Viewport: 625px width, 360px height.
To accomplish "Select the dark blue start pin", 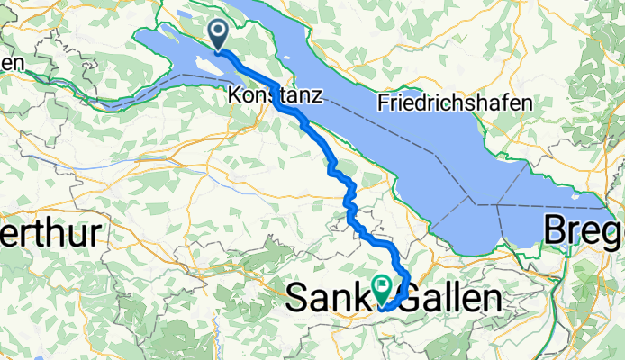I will click(219, 35).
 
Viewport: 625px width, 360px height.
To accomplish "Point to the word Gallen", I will click(450, 298).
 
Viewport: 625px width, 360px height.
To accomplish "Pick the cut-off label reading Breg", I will click(584, 233).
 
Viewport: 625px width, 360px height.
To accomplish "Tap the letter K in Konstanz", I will click(235, 93).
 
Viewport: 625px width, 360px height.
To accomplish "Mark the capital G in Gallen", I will click(410, 298).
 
